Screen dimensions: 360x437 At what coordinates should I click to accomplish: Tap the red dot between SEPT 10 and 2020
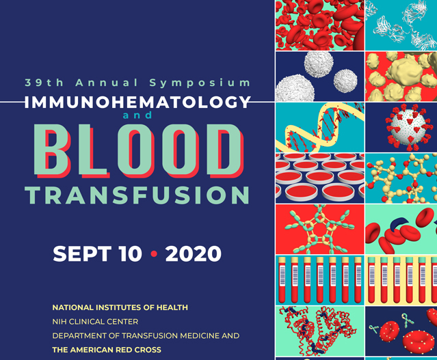click(154, 254)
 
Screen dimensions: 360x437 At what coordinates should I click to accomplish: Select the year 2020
click(194, 254)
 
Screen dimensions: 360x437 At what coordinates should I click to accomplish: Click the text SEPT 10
click(98, 254)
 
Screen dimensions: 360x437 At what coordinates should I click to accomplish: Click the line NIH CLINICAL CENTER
click(95, 321)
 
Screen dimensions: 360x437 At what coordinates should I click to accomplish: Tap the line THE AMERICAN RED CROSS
click(106, 349)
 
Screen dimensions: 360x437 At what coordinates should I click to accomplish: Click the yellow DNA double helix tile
click(319, 127)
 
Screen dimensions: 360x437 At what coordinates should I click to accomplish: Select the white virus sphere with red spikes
click(402, 126)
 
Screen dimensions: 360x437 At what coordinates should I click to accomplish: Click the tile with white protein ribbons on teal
click(401, 25)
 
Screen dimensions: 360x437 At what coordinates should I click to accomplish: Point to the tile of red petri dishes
click(319, 177)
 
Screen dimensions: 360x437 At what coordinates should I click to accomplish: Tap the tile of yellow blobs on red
click(401, 76)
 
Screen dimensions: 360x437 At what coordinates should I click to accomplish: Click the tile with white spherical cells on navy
click(319, 76)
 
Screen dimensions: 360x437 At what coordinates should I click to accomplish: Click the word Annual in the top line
click(101, 83)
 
